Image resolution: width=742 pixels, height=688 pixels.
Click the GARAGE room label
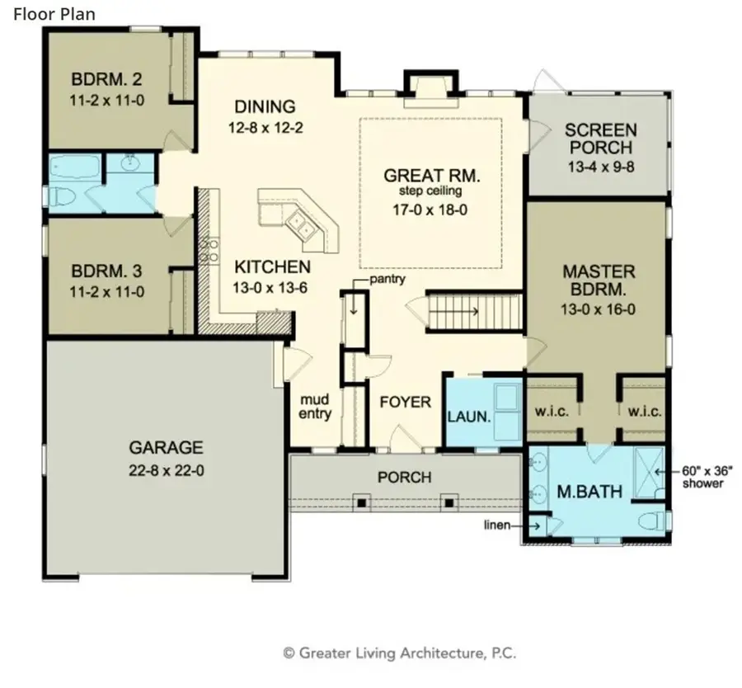pos(166,448)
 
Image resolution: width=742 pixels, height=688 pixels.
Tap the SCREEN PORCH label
pos(599,139)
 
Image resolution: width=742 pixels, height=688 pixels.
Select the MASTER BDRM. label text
pos(599,280)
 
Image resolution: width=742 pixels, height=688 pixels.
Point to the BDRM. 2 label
pos(106,80)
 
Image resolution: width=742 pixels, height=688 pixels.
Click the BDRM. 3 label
pos(106,271)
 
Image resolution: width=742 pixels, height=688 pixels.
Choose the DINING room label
pos(265,106)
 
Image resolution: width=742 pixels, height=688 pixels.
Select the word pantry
pos(387,279)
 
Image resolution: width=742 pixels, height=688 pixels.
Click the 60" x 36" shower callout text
pos(702,476)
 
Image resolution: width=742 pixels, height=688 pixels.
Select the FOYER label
pos(405,403)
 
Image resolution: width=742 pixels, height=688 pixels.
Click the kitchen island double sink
pos(301,225)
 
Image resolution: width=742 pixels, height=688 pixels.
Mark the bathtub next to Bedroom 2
pos(73,167)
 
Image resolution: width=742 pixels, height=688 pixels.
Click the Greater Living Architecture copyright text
pos(399,653)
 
